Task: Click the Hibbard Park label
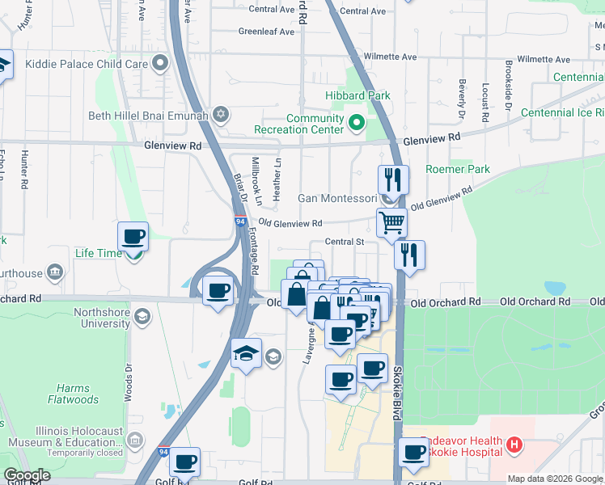pyautogui.click(x=357, y=95)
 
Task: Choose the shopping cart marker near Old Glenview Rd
pyautogui.click(x=391, y=221)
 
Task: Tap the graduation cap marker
pyautogui.click(x=247, y=352)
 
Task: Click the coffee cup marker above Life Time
pyautogui.click(x=133, y=237)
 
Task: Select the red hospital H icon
pyautogui.click(x=514, y=444)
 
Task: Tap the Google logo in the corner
pyautogui.click(x=26, y=475)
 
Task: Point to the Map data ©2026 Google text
pyautogui.click(x=555, y=479)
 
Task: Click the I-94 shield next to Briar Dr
pyautogui.click(x=240, y=221)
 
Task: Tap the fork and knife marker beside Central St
pyautogui.click(x=410, y=255)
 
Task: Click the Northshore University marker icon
pyautogui.click(x=143, y=314)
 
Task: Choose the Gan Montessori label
pyautogui.click(x=336, y=198)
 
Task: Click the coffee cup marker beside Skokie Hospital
pyautogui.click(x=413, y=453)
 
